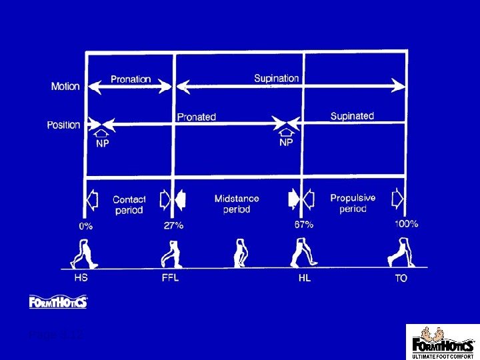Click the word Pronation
131,79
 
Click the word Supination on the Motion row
276,78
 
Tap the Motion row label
65,86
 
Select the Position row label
63,125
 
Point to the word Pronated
196,117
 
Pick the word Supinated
352,116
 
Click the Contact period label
129,205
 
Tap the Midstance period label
237,203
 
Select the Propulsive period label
353,203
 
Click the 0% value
86,226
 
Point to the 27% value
173,225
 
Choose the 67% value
304,225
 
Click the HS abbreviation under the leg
80,277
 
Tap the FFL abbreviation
170,277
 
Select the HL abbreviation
304,278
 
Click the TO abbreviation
401,278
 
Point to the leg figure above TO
398,251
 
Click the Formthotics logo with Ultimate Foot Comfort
443,341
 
